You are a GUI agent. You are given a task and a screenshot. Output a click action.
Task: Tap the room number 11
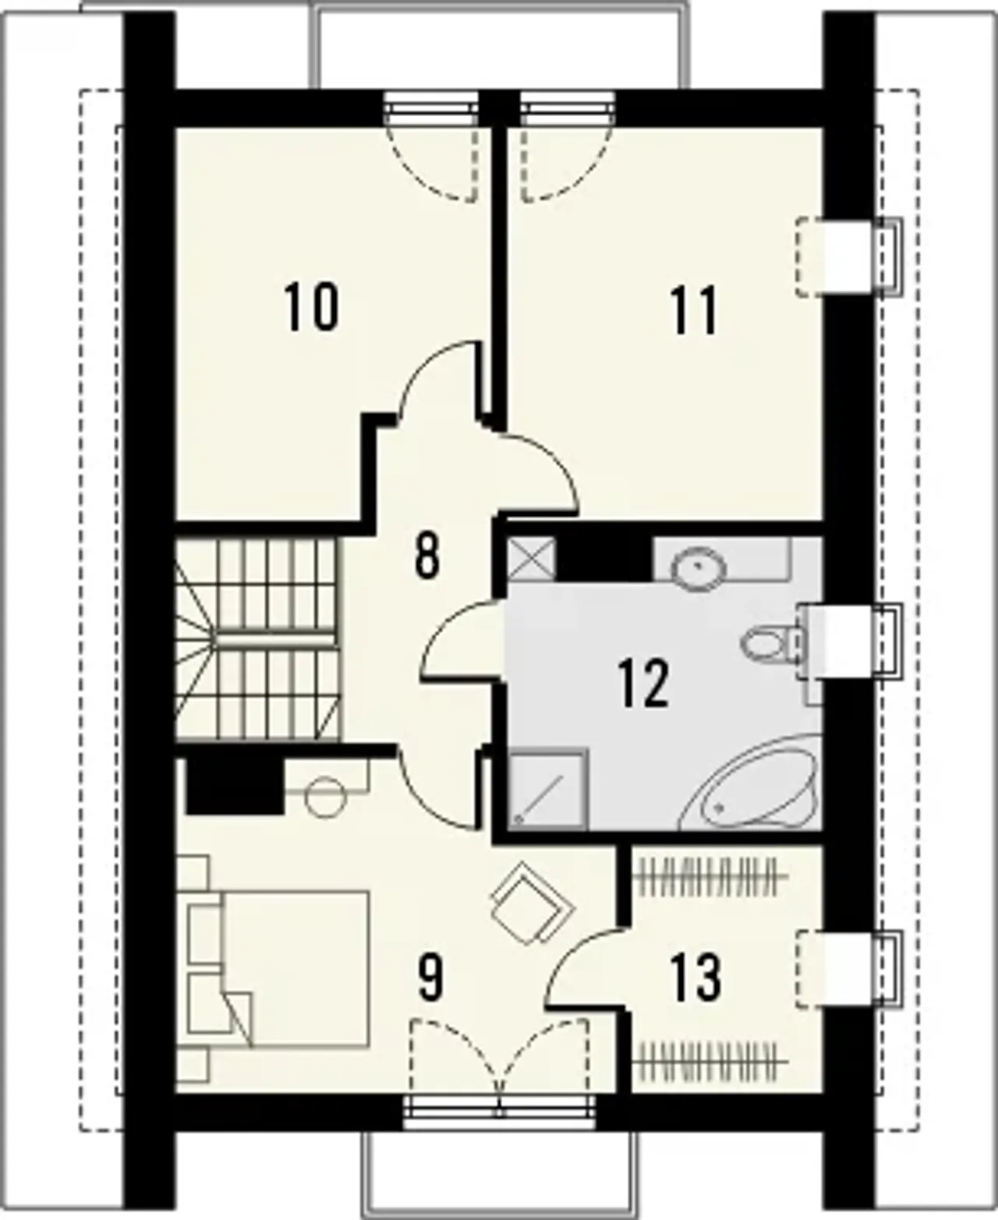click(694, 311)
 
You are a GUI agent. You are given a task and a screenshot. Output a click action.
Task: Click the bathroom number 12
click(643, 684)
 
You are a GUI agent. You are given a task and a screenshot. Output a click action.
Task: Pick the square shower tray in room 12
click(548, 788)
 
